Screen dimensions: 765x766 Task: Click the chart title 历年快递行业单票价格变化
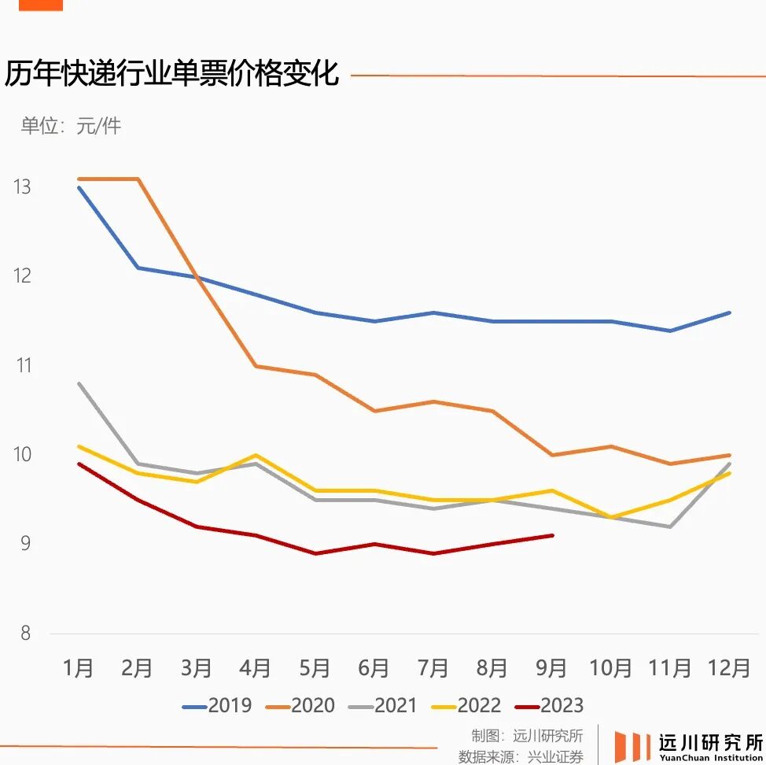[x=171, y=74]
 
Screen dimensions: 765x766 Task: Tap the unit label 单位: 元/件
[x=71, y=126]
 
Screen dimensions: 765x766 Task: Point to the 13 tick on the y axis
[x=21, y=187]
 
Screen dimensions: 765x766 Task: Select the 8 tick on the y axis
[x=25, y=634]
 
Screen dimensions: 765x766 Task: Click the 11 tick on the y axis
[x=21, y=366]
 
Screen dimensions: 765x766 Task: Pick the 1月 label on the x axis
[x=78, y=668]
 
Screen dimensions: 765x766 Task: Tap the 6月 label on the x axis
[x=374, y=668]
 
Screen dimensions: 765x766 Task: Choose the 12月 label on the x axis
[x=729, y=668]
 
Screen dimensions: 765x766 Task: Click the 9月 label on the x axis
[x=551, y=668]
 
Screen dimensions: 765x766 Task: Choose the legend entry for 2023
[x=551, y=706]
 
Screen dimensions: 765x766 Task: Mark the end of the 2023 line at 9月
[x=552, y=535]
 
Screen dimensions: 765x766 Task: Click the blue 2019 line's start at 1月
[x=79, y=187]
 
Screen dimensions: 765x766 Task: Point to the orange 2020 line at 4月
[x=256, y=366]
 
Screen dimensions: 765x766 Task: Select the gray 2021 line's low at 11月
[x=670, y=527]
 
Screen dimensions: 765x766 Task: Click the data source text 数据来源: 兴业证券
[x=521, y=756]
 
